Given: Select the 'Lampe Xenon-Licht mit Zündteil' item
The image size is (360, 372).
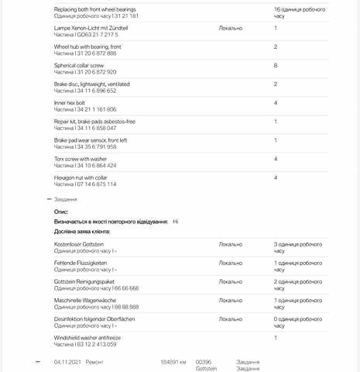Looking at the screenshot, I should coord(91,28).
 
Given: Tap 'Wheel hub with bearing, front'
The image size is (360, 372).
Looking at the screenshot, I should coord(87,46).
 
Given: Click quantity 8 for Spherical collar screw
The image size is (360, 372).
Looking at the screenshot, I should coord(276,66).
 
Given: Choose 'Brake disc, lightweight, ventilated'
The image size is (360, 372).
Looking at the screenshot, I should coord(91,84).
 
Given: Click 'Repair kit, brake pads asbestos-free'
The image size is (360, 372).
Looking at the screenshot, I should coord(94,121).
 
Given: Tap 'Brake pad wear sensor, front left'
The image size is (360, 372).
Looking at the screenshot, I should coord(91,140).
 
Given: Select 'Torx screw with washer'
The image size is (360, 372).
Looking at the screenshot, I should coord(81,159).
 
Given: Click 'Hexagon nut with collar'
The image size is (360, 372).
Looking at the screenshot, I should coord(81,177).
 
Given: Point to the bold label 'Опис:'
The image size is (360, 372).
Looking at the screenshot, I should coord(61,211).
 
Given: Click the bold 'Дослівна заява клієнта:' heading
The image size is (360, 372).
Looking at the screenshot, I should coord(82,231).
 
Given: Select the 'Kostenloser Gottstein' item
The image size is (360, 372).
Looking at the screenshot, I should coord(79,244).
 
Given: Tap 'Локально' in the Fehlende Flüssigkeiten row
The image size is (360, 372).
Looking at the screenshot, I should coord(230,263).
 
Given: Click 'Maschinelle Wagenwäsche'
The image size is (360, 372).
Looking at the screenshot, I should coord(85,300).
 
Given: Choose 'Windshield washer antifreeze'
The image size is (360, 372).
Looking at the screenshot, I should coord(87,338).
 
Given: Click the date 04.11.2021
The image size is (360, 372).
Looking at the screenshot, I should coord(67,362).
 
